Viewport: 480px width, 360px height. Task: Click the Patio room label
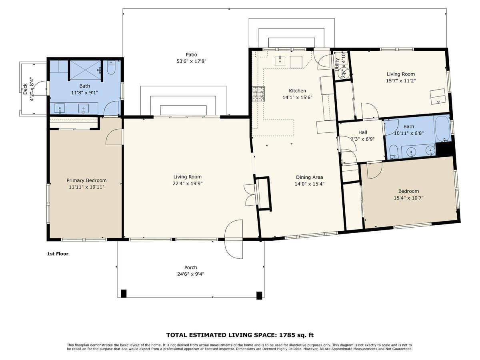[191, 54]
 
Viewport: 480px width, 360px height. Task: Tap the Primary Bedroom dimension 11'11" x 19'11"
[86, 187]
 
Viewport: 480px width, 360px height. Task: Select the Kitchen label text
[297, 91]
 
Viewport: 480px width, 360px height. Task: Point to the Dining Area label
[309, 177]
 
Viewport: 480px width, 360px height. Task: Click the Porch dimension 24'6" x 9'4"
[190, 274]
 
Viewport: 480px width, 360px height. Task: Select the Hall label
[362, 132]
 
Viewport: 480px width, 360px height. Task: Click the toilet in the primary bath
[111, 68]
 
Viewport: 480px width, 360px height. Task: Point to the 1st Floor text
[58, 254]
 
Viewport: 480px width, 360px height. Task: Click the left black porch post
[124, 294]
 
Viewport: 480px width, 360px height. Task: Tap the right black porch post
[259, 295]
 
